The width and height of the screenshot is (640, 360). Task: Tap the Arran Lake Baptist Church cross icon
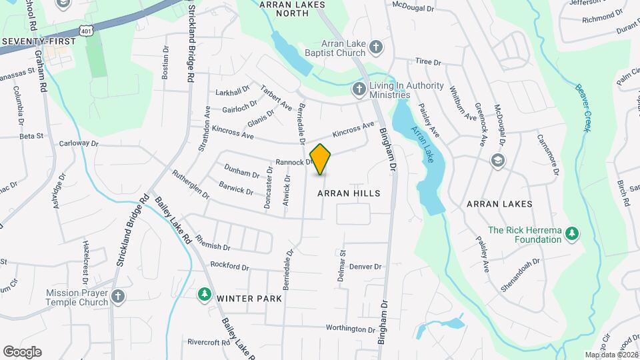click(376, 47)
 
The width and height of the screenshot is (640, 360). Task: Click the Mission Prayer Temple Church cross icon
click(118, 297)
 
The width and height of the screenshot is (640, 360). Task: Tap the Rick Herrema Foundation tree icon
click(571, 234)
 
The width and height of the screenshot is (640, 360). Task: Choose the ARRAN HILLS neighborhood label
click(349, 193)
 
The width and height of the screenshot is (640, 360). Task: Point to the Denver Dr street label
click(365, 267)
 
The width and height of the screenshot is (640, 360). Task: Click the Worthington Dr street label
click(351, 329)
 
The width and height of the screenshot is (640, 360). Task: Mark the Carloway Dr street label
click(79, 143)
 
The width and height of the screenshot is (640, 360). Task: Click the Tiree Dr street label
click(428, 62)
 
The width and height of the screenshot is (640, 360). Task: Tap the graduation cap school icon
click(497, 161)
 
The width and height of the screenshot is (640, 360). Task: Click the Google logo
click(22, 352)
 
